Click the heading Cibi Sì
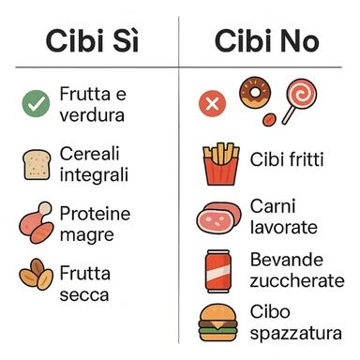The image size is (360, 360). pyautogui.click(x=92, y=41)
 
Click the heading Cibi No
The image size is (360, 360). pyautogui.click(x=267, y=41)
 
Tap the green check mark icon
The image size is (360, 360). pyautogui.click(x=37, y=104)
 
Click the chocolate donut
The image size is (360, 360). pyautogui.click(x=253, y=91)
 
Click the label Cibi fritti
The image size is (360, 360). pyautogui.click(x=287, y=159)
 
